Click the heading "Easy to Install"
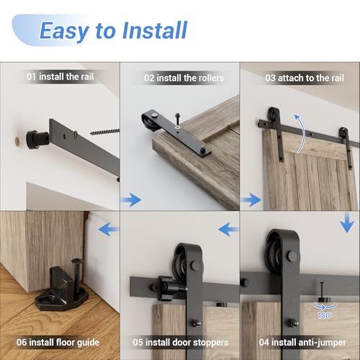pyautogui.click(x=113, y=30)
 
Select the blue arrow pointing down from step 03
pyautogui.click(x=347, y=223)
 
